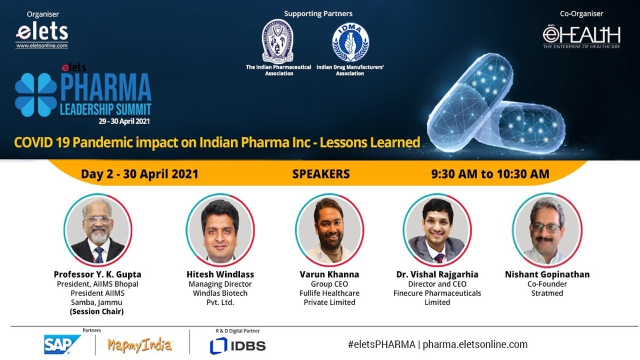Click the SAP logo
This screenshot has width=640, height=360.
(61, 344)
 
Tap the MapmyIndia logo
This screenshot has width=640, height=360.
(139, 345)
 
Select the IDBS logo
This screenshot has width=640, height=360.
(237, 345)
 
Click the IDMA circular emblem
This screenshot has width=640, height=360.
(350, 42)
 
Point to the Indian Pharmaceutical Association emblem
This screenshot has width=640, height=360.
(277, 41)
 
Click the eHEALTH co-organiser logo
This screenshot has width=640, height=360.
(581, 36)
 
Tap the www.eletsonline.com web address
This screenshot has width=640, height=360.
(41, 45)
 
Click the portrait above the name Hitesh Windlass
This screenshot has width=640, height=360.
(220, 230)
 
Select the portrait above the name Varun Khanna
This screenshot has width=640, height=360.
(329, 230)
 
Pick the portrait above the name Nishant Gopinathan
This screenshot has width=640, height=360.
(547, 230)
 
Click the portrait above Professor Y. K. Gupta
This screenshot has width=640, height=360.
(97, 230)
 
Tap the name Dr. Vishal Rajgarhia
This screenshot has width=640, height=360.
(437, 274)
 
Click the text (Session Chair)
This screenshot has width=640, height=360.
(97, 311)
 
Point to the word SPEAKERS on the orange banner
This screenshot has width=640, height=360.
(321, 174)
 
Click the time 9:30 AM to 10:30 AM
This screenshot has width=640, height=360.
(490, 174)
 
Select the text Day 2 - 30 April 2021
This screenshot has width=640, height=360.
(139, 174)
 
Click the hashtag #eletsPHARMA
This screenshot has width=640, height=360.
(381, 344)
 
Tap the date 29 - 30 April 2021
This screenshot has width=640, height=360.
(124, 121)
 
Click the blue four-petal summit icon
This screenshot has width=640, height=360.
(36, 95)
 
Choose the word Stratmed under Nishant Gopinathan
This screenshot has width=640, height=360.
(547, 293)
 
